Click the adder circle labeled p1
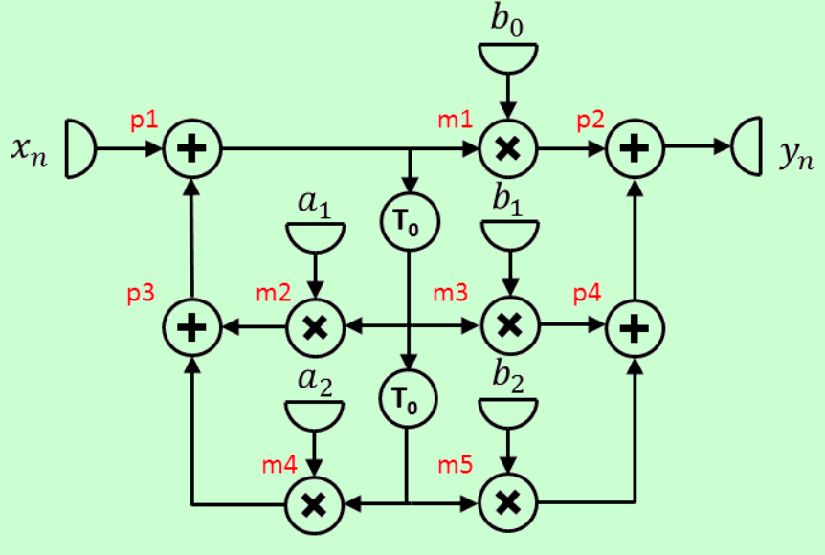(192, 149)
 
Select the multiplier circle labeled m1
(509, 149)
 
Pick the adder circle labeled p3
(192, 327)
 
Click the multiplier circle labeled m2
(317, 327)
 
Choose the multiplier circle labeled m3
(509, 327)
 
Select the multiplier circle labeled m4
(317, 501)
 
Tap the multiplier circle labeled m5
(509, 501)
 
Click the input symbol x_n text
(32, 150)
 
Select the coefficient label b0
(508, 24)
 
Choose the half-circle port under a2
(315, 413)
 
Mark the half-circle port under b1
(508, 236)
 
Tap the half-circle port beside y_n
(748, 148)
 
